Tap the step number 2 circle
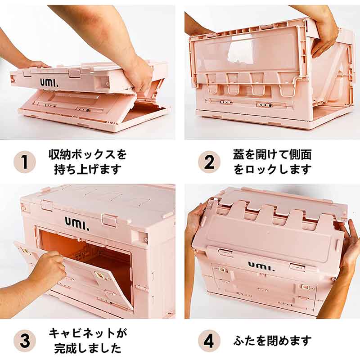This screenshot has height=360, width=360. coord(209,162)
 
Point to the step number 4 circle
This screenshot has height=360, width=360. coord(209,341)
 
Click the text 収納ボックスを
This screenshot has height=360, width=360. coord(88,154)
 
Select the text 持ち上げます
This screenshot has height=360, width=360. coord(88,170)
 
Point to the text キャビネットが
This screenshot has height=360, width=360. coord(88,333)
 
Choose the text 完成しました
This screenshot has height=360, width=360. coord(88,348)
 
